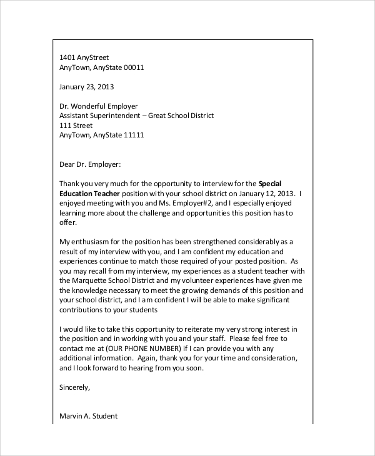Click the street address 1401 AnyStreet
[x=84, y=57]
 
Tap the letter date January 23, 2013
[x=86, y=87]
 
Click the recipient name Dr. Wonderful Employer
[x=98, y=106]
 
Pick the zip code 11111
[x=134, y=134]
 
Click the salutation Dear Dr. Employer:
[x=89, y=164]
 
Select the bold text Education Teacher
[x=89, y=194]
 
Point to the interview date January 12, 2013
[x=250, y=194]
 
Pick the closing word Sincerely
[x=74, y=387]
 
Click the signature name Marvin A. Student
[x=88, y=416]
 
